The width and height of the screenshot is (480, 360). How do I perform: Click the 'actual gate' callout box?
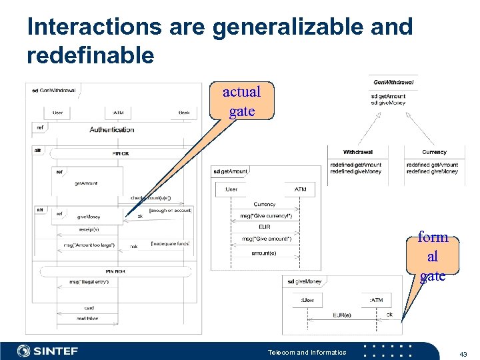coord(241,101)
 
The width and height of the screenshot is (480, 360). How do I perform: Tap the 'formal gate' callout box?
coord(433,257)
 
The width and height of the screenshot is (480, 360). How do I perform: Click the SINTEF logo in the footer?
coord(50,351)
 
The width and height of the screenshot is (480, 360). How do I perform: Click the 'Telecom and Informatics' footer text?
coord(307,352)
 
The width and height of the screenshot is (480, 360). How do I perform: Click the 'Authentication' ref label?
coord(111,129)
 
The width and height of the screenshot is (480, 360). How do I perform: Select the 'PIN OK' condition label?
coord(121,154)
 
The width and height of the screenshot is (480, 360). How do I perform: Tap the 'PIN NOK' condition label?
coord(115,271)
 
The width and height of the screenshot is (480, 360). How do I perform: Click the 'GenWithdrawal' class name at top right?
coord(393,83)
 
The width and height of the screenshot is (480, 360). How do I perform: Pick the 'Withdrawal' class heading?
coord(358,152)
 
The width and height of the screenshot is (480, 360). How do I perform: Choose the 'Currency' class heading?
coord(434,152)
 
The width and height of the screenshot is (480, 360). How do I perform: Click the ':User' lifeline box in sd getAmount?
coord(231,189)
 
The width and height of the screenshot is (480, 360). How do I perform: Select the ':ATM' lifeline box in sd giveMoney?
coord(377,300)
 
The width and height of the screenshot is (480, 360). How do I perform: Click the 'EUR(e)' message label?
coord(342,315)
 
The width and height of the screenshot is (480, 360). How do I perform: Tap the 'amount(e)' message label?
coord(264,253)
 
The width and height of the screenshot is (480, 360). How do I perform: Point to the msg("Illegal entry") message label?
coord(89,281)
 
